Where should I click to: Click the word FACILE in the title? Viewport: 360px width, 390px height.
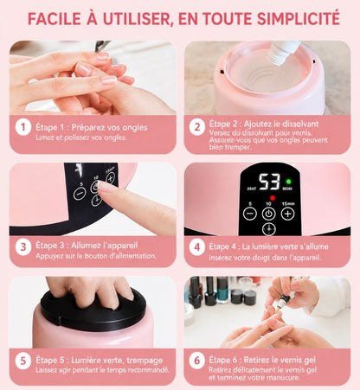tap(55, 18)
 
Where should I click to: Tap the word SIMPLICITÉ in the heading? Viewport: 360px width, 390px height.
tap(299, 18)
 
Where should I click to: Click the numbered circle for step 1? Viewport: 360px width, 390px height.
tap(23, 128)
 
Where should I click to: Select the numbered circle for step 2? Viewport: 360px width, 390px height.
tap(197, 127)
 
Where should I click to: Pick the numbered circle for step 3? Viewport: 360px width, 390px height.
tap(23, 247)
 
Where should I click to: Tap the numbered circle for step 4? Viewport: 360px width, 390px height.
tap(197, 247)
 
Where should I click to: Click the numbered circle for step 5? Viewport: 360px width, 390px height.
tap(23, 361)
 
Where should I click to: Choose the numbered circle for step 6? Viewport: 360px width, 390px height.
tap(197, 361)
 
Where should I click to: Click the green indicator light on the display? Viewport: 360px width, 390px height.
tap(288, 182)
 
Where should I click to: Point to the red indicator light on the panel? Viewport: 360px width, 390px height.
tap(273, 198)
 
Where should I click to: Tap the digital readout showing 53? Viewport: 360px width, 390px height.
tap(269, 182)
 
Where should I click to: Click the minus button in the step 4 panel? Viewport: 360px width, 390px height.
tap(250, 214)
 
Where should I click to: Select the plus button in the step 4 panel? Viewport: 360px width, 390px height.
tap(287, 214)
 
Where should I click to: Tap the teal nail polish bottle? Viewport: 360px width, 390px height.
tap(222, 290)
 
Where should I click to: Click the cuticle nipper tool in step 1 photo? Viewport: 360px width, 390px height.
tap(103, 45)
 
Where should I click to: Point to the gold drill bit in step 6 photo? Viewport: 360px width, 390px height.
tap(278, 310)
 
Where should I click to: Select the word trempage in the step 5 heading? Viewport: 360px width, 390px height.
tap(145, 361)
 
